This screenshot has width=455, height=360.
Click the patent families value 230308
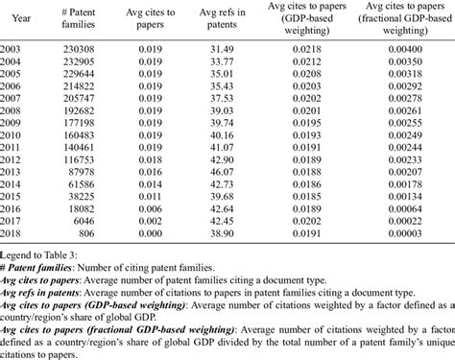[94, 60]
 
